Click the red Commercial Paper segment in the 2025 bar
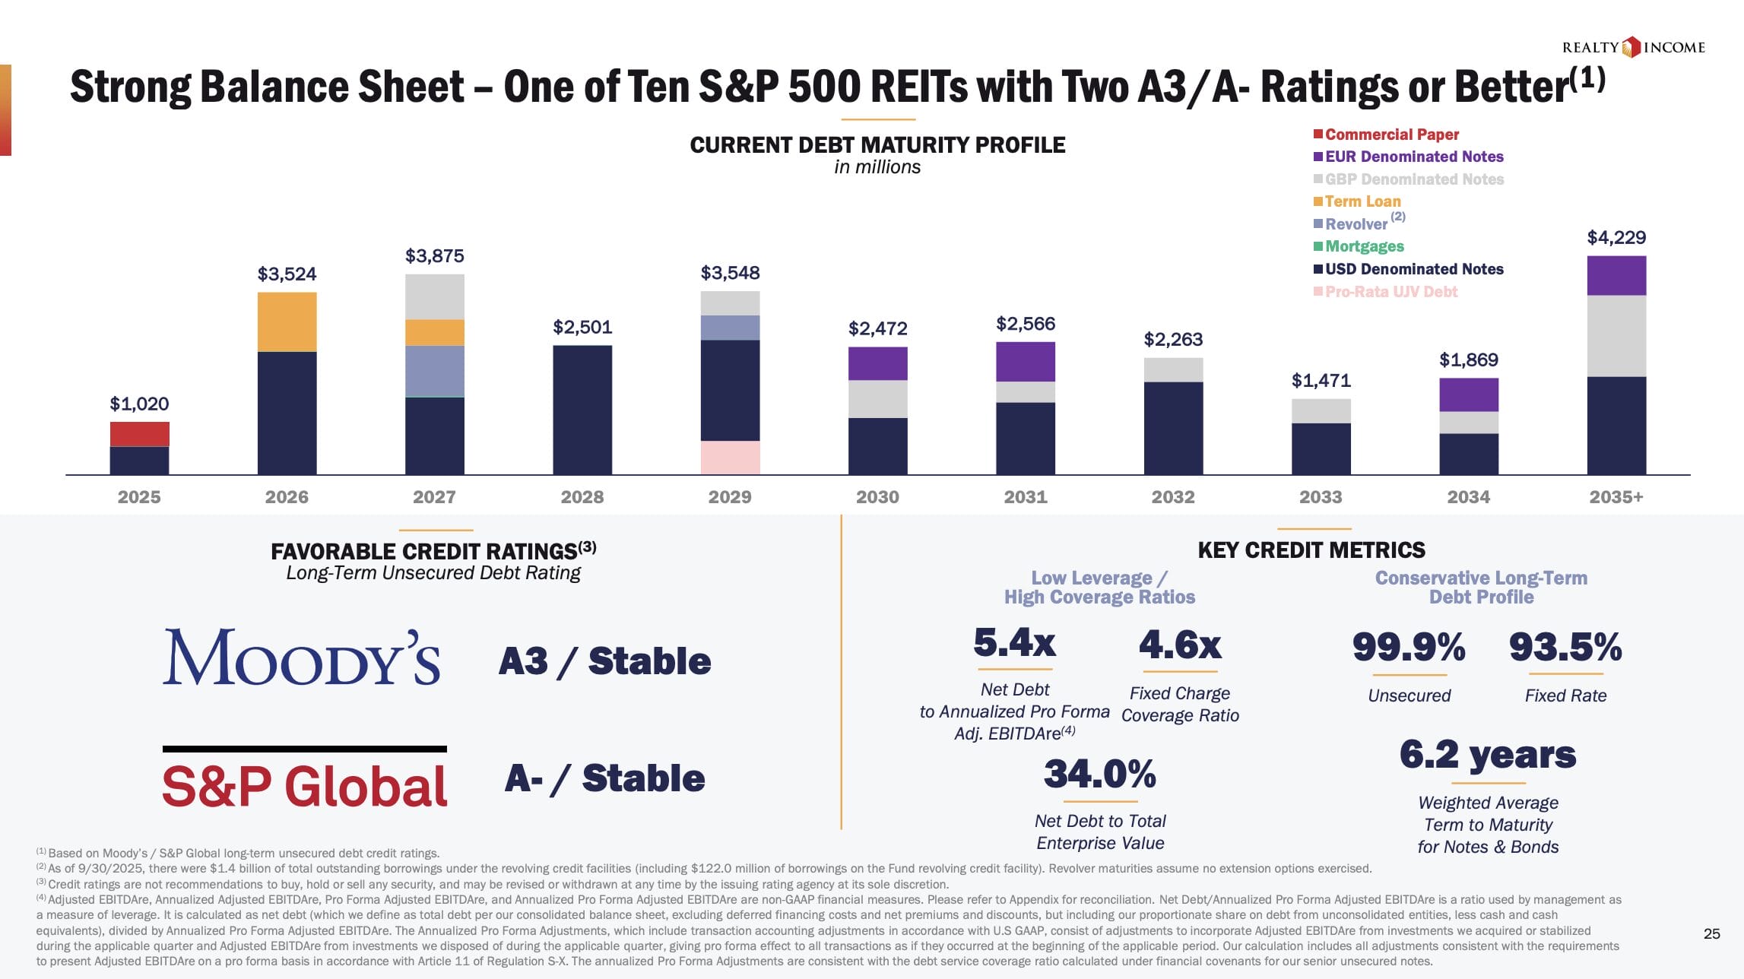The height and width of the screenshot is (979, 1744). (139, 434)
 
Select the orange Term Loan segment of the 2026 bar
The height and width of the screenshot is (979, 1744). (287, 322)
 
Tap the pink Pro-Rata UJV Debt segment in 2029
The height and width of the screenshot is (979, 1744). (730, 458)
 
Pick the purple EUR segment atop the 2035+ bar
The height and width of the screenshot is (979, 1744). (1616, 275)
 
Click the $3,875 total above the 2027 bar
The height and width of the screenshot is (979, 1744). (434, 256)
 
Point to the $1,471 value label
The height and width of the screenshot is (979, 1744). (1321, 381)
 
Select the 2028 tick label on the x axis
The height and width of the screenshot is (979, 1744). (582, 497)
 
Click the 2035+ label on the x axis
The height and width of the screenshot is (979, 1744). (1616, 497)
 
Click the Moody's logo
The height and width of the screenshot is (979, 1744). (301, 657)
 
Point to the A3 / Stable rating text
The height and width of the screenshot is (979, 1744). (604, 661)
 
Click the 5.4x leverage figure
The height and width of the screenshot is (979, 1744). (1014, 643)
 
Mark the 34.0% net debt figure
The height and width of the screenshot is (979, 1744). (1099, 775)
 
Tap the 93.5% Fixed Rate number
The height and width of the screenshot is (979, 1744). (1565, 648)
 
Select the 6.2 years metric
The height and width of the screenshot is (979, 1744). (1488, 756)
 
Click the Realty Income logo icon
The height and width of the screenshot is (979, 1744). (1631, 48)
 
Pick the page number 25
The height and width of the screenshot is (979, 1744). (1711, 934)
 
